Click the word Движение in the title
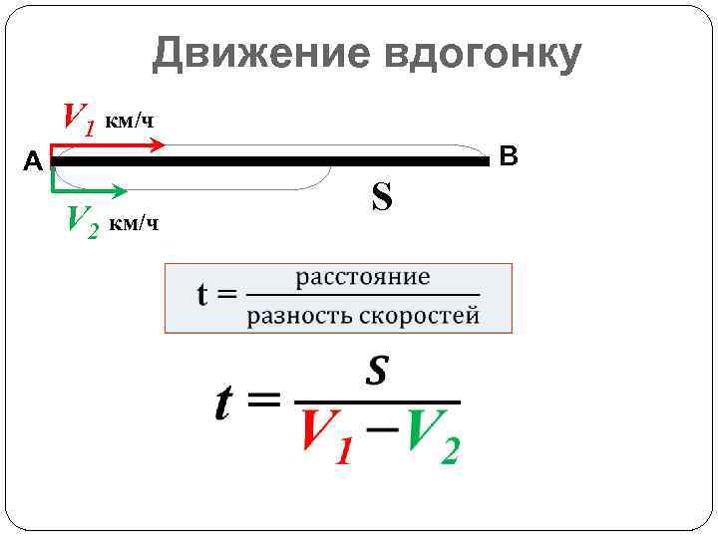tap(261, 55)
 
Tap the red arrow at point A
tap(110, 145)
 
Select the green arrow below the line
tap(90, 188)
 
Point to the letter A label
tap(33, 161)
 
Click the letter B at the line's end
tap(509, 155)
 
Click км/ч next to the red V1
tap(131, 122)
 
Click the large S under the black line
tap(381, 197)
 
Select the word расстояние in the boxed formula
tap(363, 277)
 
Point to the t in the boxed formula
tap(204, 295)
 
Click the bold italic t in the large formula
tap(226, 403)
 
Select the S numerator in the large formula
tap(376, 372)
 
